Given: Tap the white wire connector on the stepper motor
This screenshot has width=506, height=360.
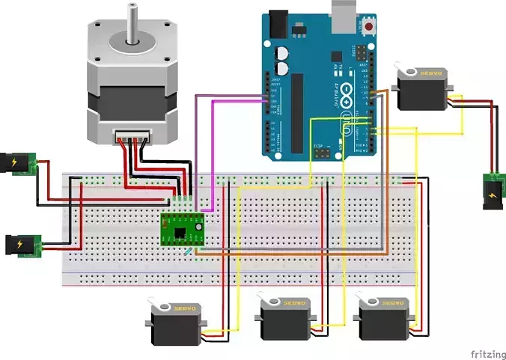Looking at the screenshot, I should click(x=132, y=137).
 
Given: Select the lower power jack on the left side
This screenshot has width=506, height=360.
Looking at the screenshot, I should click(x=20, y=244).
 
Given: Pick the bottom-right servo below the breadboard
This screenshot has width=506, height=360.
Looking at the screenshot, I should click(x=386, y=318).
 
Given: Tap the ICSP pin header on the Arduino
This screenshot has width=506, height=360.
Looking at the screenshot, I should click(x=324, y=152).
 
